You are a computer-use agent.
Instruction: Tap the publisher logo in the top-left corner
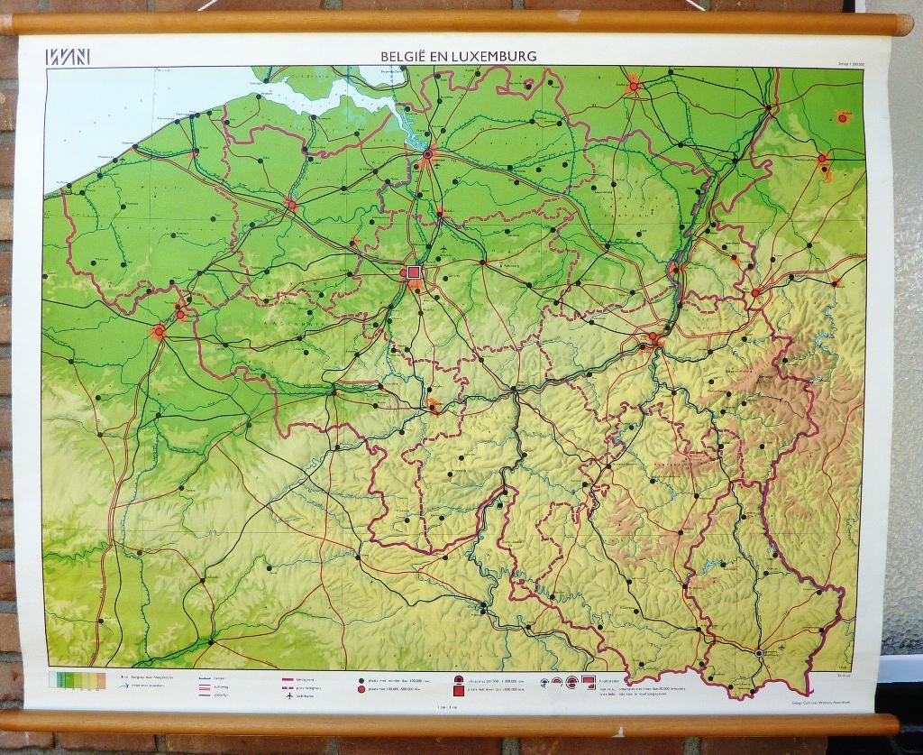coord(68,56)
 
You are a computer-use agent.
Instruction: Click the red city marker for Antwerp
coord(428,154)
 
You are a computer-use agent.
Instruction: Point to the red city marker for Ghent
coord(291,205)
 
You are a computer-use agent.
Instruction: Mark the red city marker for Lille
coord(160,332)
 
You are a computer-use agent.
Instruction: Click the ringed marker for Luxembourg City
coord(759,652)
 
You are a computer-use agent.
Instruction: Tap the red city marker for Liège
coord(653,337)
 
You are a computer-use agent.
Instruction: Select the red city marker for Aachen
coord(755,292)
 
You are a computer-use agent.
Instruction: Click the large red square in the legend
coord(459,691)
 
